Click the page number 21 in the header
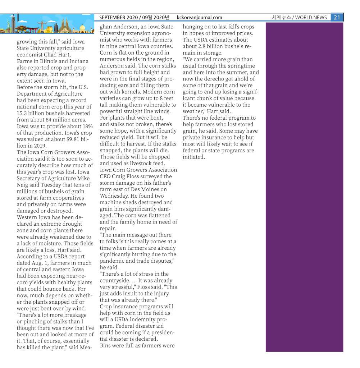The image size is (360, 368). [x=337, y=17]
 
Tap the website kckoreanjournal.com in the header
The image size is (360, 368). [x=200, y=17]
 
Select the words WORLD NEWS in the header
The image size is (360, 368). [x=311, y=17]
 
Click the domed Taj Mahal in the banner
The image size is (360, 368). [x=82, y=28]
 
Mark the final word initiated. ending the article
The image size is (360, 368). [x=194, y=157]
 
